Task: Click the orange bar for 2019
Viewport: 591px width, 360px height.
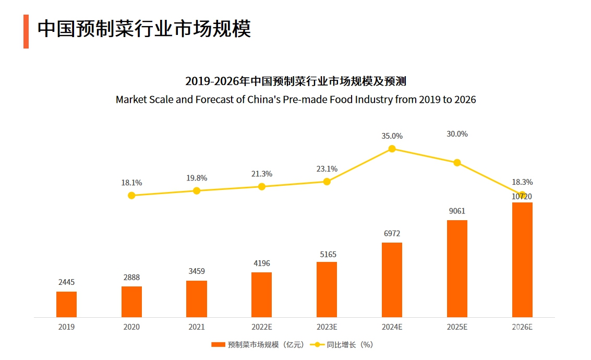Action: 66,304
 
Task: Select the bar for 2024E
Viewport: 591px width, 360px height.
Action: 392,280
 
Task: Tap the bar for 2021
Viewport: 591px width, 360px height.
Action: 197,298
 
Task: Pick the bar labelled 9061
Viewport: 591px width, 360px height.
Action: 457,268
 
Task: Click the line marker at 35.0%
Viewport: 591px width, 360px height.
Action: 392,149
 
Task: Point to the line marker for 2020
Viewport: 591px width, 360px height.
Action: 131,195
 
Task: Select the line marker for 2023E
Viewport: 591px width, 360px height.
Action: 327,182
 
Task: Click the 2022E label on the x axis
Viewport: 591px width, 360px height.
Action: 262,327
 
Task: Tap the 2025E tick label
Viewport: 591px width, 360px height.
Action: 457,327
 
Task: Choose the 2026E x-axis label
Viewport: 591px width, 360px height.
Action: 522,327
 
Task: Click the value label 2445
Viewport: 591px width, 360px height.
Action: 66,282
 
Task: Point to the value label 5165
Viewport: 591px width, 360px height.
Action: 327,255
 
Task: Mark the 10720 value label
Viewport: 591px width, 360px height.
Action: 522,197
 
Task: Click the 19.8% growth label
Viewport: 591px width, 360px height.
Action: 197,178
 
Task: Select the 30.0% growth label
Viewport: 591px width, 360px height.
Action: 457,134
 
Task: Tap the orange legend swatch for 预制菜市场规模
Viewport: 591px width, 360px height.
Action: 218,345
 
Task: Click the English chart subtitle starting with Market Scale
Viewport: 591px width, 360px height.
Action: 296,99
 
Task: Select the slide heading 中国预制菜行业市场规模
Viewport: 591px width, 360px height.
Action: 144,29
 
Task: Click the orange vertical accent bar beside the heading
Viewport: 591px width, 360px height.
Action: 26,31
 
